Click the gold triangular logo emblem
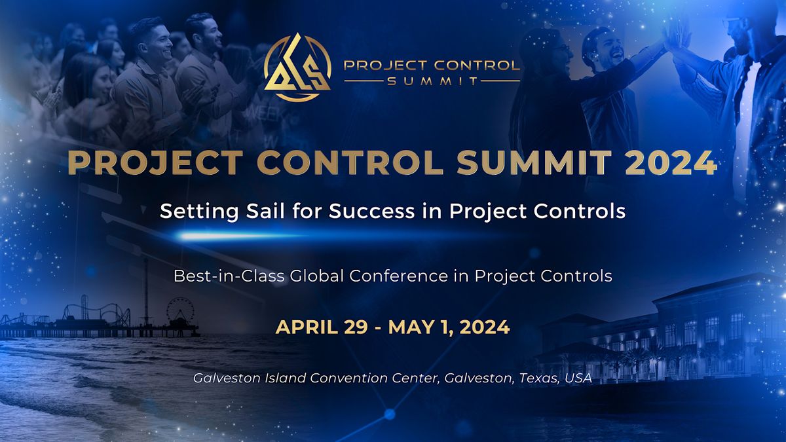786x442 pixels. [x=297, y=67]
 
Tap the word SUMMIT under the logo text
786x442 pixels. [x=432, y=81]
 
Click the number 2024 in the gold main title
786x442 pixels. [x=671, y=163]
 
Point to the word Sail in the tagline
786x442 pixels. [x=265, y=211]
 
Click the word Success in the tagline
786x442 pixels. [x=372, y=211]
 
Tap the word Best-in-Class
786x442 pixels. [x=229, y=276]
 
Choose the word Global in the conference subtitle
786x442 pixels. [x=316, y=276]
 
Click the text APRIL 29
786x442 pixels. [x=322, y=327]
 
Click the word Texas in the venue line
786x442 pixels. [x=538, y=378]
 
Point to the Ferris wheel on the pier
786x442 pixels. [x=180, y=311]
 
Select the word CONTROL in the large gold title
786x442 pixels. [x=350, y=163]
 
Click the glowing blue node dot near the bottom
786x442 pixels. [x=390, y=414]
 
